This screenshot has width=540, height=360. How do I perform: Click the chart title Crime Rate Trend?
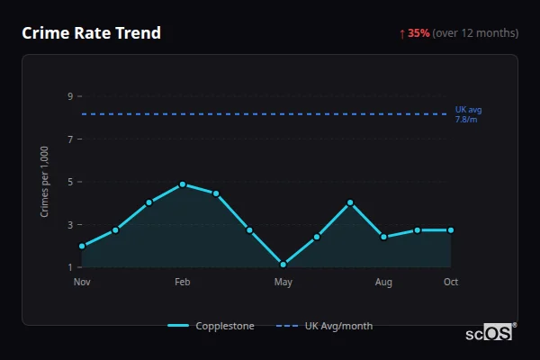[91, 33]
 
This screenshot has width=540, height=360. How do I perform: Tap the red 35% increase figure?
[418, 33]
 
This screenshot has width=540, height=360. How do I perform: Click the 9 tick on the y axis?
[69, 96]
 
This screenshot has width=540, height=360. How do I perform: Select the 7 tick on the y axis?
[69, 139]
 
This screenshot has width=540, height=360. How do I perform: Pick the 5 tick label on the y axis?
[69, 182]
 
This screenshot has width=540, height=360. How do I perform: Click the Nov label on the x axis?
[82, 283]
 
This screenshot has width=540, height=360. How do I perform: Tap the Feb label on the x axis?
[183, 283]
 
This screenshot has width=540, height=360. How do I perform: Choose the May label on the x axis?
[283, 283]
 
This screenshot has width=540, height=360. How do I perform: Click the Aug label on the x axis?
[383, 283]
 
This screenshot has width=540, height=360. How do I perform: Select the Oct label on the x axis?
[451, 283]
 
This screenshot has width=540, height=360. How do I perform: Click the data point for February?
[183, 184]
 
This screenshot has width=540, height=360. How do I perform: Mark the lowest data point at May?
[283, 265]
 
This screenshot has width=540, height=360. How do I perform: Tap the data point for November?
[82, 246]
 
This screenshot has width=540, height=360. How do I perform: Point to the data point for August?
[383, 237]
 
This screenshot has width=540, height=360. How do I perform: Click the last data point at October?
[451, 230]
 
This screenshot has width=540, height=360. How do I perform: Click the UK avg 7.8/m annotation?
[468, 114]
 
